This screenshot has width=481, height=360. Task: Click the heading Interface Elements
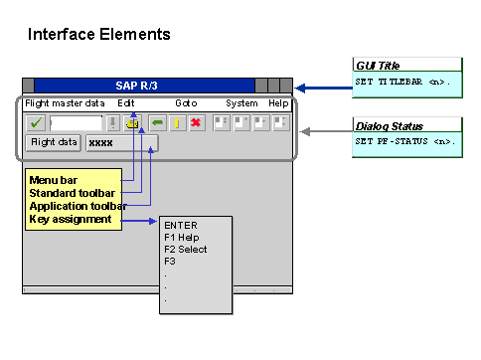(98, 35)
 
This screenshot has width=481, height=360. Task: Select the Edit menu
(126, 103)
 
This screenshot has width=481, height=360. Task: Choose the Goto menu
(187, 103)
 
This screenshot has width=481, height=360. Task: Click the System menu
(241, 103)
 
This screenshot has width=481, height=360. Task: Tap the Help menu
(279, 103)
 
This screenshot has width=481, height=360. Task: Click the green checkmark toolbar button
(36, 122)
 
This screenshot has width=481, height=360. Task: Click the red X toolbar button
(197, 122)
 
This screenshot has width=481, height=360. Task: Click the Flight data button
(54, 142)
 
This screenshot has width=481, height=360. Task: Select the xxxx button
(120, 143)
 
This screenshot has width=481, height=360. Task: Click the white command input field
(76, 122)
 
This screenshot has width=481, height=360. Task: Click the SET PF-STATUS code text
(405, 141)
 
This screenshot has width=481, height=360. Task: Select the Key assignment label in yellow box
(71, 219)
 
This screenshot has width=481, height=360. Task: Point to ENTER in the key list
(181, 226)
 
